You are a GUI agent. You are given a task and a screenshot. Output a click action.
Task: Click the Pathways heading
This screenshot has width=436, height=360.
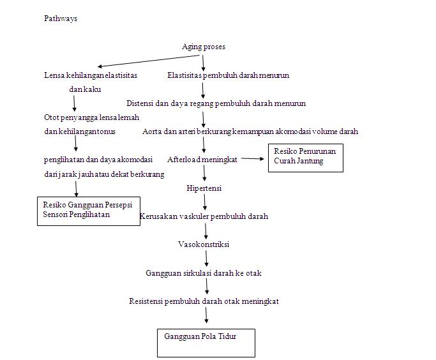[x=61, y=19]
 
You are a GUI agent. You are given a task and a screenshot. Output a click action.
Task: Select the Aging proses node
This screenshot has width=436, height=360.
[x=204, y=47]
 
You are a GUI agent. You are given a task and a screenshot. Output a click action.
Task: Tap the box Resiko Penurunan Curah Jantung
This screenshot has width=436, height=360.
[x=304, y=158]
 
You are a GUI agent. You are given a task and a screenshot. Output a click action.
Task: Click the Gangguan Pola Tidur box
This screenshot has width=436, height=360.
[x=206, y=342]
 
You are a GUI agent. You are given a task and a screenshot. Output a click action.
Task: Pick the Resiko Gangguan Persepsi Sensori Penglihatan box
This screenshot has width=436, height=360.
[x=89, y=211]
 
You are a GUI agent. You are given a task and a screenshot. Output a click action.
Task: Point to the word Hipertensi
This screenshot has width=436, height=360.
[x=204, y=188]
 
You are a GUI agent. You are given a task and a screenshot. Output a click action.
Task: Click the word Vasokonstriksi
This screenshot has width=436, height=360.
[x=204, y=244]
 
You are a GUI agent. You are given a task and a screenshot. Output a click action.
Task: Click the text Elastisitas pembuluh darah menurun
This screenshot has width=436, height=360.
[x=228, y=75]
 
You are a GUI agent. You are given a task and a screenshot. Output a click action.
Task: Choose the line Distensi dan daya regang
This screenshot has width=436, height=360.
[x=216, y=103]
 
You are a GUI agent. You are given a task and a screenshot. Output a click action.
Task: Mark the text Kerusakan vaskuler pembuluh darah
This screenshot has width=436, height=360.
[x=204, y=216]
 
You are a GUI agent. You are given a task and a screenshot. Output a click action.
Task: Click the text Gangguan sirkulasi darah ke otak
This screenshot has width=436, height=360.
[x=204, y=273]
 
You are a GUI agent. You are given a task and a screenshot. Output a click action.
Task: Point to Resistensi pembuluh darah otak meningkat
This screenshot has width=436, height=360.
[x=204, y=301]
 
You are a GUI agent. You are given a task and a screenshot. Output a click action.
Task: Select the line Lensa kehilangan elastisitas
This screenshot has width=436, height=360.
[x=91, y=75]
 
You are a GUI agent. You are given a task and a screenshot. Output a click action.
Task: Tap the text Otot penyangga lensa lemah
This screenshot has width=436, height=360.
[x=91, y=117]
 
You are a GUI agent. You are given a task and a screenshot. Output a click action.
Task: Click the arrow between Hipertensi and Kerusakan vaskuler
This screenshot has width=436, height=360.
[x=205, y=202]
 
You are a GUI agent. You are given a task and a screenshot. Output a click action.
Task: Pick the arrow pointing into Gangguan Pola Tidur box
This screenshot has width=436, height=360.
[x=206, y=315]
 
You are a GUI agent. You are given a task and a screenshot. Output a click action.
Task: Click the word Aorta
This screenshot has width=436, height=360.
[x=152, y=131]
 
